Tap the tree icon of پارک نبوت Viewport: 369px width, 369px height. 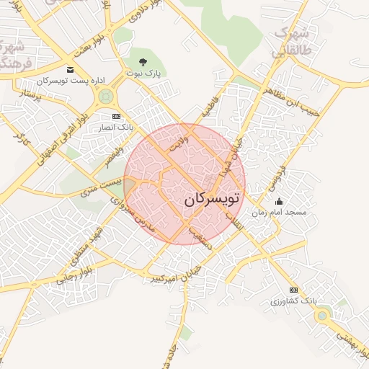[x=152, y=61]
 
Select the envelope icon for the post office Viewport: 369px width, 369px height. [x=70, y=69]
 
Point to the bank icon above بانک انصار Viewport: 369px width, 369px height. [x=116, y=116]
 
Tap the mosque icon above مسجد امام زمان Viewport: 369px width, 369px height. [x=279, y=201]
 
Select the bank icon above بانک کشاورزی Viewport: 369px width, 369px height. [x=293, y=288]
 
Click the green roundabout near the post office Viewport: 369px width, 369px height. [x=107, y=96]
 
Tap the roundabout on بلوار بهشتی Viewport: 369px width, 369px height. [x=321, y=315]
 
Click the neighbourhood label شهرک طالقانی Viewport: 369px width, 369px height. [x=290, y=42]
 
